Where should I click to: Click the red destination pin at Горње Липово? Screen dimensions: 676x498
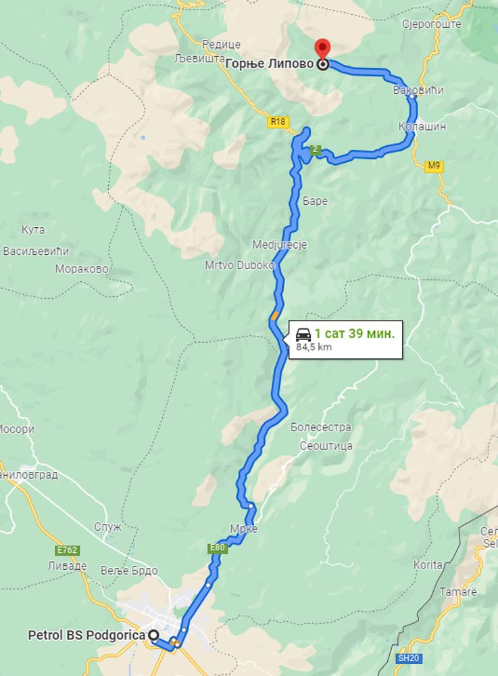point(323,49)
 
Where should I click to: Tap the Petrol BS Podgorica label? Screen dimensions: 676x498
point(86,635)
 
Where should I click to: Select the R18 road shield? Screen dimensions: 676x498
point(278,122)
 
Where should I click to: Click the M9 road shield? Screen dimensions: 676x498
point(434,166)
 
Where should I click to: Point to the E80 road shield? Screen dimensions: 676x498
point(216,548)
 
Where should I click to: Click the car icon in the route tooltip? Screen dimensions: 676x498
point(303,334)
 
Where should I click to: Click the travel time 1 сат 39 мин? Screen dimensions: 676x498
point(355,333)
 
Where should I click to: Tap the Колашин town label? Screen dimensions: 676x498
point(422,126)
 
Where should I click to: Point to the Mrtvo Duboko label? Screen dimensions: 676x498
point(240,266)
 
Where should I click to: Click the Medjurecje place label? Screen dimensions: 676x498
point(279,245)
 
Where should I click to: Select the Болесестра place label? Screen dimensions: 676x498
point(321,427)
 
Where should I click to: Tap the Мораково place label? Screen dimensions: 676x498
point(82,268)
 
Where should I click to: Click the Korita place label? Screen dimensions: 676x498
point(428,564)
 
